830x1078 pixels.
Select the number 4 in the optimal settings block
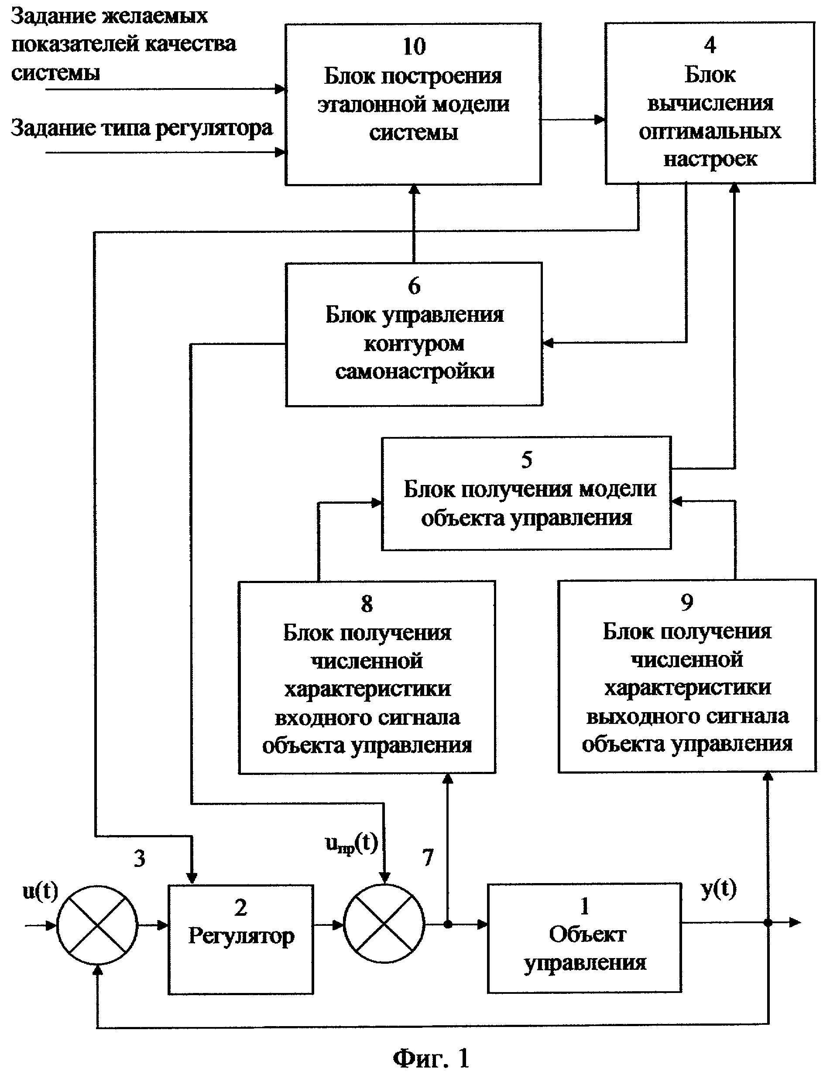pyautogui.click(x=710, y=45)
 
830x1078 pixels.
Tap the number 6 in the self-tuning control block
pyautogui.click(x=414, y=286)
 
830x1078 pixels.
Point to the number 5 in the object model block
pyautogui.click(x=527, y=460)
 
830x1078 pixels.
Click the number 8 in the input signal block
pyautogui.click(x=367, y=604)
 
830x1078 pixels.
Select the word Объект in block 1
pyautogui.click(x=587, y=935)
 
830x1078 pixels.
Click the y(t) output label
pyautogui.click(x=719, y=889)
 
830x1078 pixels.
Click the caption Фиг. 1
pyautogui.click(x=431, y=1058)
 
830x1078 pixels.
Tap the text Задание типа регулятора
pyautogui.click(x=142, y=128)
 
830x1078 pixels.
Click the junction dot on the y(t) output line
pyautogui.click(x=767, y=922)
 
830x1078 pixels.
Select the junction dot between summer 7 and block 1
pyautogui.click(x=448, y=924)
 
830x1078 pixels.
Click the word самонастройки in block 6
pyautogui.click(x=414, y=371)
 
